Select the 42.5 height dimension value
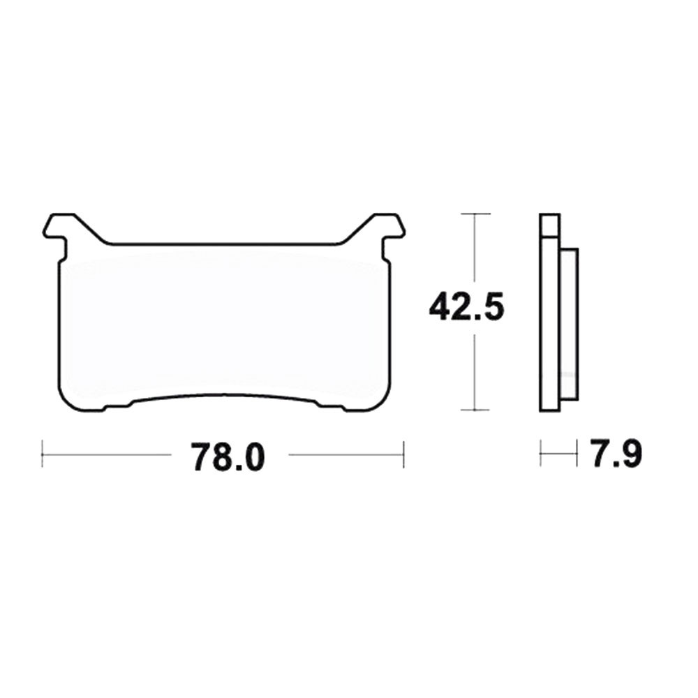(x=466, y=308)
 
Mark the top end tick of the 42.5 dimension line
(x=475, y=213)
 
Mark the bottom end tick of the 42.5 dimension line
(x=475, y=410)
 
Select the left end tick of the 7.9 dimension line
(x=542, y=454)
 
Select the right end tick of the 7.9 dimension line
(x=577, y=454)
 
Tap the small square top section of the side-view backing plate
(x=550, y=224)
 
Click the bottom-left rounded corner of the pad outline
(x=66, y=403)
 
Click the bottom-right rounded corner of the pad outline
(x=381, y=403)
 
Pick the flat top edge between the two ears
(x=223, y=245)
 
